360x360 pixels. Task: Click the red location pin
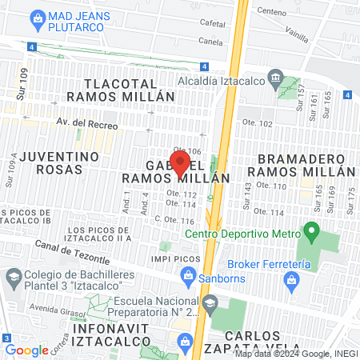[x=181, y=162]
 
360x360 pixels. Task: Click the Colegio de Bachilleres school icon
[x=14, y=278]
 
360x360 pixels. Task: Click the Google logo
[x=27, y=350]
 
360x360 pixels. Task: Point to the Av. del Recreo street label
[x=87, y=125]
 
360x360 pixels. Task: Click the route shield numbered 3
[x=6, y=338]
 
